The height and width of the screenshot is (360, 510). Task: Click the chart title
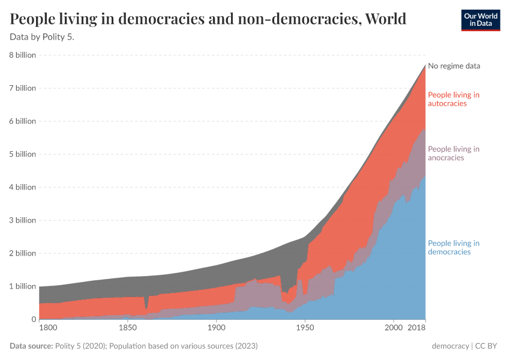click(x=208, y=19)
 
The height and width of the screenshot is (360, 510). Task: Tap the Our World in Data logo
click(x=480, y=20)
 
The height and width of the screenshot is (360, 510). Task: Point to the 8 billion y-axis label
click(x=23, y=55)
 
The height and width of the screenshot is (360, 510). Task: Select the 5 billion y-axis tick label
click(x=23, y=154)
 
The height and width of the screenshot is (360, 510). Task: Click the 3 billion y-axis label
click(x=23, y=220)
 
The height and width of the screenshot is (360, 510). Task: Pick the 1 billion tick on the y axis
click(x=23, y=286)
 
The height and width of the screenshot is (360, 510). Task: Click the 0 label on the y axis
click(x=33, y=319)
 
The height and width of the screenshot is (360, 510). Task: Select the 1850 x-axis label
click(x=127, y=328)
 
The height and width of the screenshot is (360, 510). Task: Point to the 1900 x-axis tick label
click(x=216, y=328)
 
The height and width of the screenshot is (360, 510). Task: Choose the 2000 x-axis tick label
click(x=394, y=328)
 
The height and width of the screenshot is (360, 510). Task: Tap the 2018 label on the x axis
click(x=416, y=328)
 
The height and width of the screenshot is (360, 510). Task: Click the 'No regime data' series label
click(x=454, y=66)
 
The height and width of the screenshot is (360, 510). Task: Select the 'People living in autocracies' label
click(x=453, y=99)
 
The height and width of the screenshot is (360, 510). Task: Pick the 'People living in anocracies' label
click(x=453, y=153)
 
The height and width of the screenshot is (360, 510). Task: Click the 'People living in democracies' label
click(x=453, y=247)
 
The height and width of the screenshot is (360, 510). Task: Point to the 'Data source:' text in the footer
click(x=31, y=346)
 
